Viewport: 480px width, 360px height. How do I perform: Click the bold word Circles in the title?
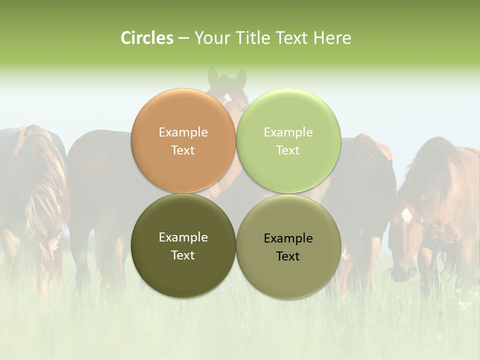pos(147,38)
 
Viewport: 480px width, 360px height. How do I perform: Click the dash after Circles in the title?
pos(183,38)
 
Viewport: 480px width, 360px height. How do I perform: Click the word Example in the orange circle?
pos(183,132)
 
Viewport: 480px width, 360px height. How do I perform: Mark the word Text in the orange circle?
pos(183,150)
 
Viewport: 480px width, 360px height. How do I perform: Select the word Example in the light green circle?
pos(288,132)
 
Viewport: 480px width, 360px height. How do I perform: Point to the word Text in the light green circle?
pos(288,150)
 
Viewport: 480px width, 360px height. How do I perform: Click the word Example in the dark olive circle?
pos(183,237)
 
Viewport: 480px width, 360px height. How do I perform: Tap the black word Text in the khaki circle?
pos(288,256)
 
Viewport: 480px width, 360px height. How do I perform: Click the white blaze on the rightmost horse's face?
pos(406,215)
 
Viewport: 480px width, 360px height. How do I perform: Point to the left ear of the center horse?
pos(213,76)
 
